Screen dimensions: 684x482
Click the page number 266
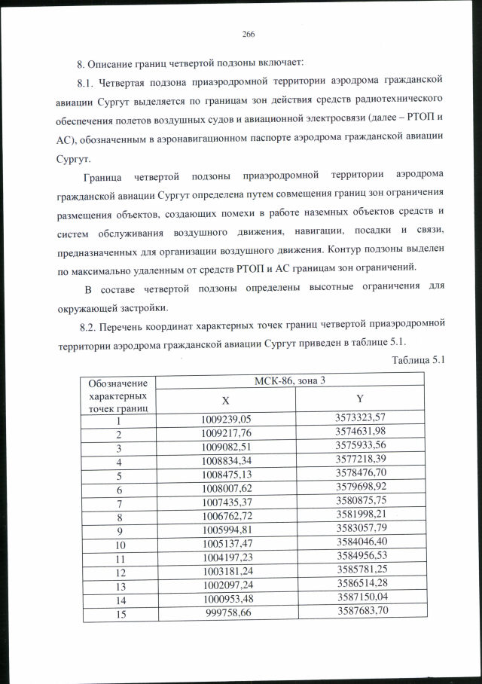(x=249, y=34)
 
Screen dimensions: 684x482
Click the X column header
(x=225, y=399)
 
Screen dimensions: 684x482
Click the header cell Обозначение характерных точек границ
(x=117, y=395)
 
